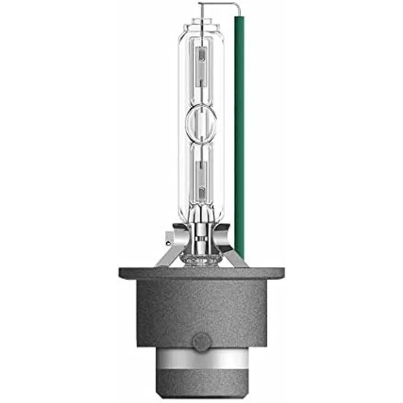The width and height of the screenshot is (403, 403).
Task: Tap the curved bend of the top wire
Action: click(x=236, y=6)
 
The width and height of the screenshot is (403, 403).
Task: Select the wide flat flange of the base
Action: click(x=201, y=273)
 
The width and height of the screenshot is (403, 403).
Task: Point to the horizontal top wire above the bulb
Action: click(x=217, y=4)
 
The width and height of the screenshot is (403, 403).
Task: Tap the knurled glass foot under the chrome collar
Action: click(x=201, y=259)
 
